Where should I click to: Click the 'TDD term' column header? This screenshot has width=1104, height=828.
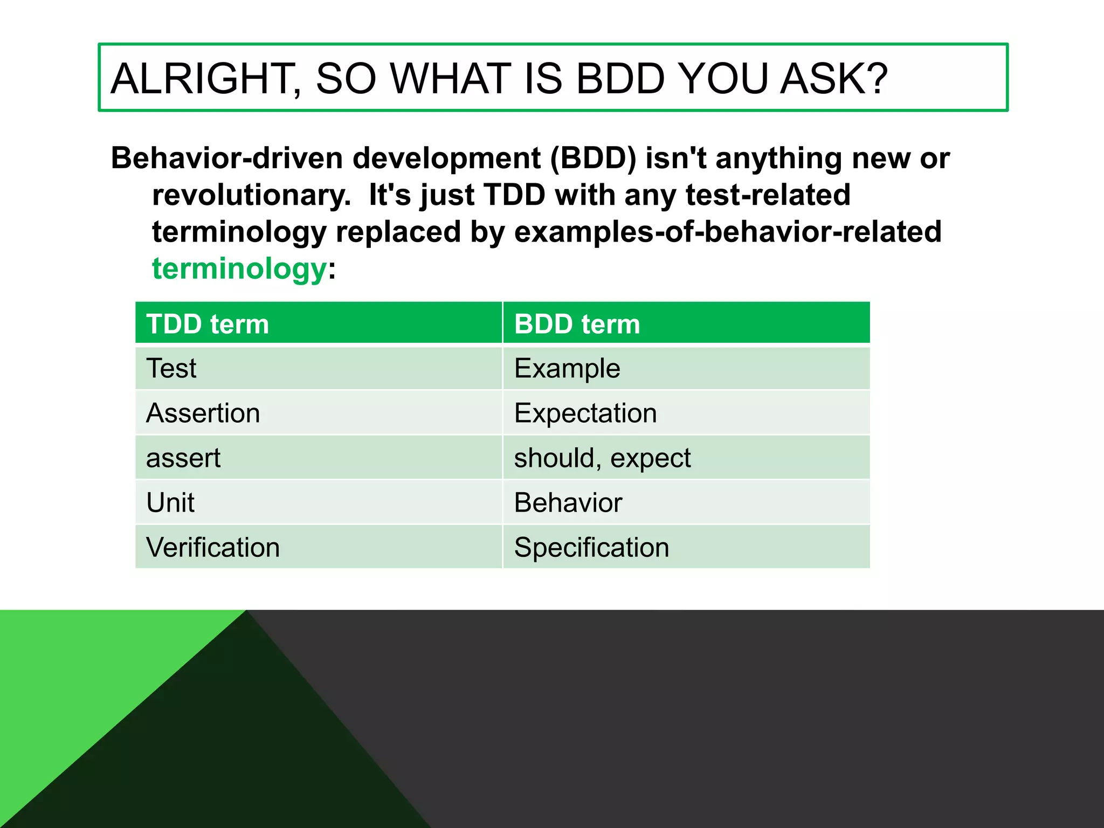click(208, 324)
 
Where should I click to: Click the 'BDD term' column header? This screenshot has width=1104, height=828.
click(577, 324)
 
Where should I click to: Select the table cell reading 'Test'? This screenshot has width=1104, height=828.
click(171, 369)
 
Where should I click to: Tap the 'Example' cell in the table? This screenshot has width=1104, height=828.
click(567, 369)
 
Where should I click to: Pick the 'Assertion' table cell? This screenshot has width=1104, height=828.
click(203, 413)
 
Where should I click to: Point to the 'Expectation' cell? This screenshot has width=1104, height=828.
click(585, 413)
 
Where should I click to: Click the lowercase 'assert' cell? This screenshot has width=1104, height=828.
click(183, 458)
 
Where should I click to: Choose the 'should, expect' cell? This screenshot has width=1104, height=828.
click(602, 458)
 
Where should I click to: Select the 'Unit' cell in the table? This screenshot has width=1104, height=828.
click(170, 503)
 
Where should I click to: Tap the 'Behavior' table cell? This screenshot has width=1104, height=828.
click(568, 503)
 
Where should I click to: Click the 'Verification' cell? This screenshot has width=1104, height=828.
click(213, 548)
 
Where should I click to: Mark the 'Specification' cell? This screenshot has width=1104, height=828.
click(591, 548)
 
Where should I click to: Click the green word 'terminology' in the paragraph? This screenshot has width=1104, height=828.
click(239, 269)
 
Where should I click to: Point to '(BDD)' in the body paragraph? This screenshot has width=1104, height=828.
click(593, 158)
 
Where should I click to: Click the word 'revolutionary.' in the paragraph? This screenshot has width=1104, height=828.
click(252, 195)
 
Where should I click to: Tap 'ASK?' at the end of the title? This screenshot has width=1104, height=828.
click(833, 79)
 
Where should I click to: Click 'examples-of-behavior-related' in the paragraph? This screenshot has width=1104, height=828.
click(728, 232)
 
